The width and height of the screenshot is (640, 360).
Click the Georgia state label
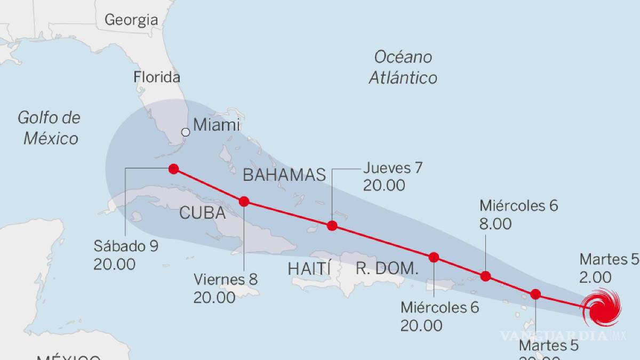tap(131, 20)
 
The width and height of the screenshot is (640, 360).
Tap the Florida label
tap(157, 77)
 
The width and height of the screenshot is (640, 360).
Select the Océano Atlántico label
tap(403, 67)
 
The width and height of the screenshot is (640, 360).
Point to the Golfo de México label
tap(49, 128)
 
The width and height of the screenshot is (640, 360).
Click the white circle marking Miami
tap(185, 132)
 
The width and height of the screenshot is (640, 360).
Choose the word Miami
tap(217, 125)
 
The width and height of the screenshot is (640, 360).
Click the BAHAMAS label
tap(284, 174)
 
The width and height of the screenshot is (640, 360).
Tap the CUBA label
tap(203, 213)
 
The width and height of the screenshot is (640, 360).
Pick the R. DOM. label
tap(387, 268)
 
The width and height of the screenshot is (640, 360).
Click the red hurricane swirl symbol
tap(602, 307)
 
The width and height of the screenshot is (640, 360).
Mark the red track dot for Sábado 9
tap(173, 169)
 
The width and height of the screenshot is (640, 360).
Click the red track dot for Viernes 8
tap(244, 201)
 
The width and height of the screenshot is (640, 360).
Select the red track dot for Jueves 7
tap(332, 226)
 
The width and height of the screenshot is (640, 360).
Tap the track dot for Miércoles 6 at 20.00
tap(434, 257)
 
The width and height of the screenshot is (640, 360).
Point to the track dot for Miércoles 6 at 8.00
tap(485, 276)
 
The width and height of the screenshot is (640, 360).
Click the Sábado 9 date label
tap(126, 246)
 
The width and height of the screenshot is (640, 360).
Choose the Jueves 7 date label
tap(393, 168)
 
